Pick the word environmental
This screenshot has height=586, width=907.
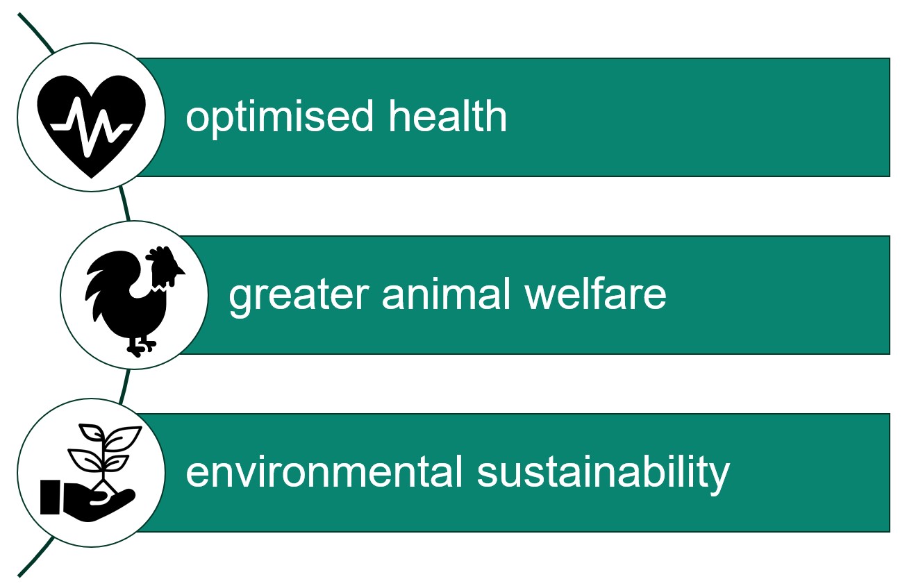point(324,472)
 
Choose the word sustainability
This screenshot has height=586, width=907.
point(604,474)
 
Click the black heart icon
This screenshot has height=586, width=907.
point(91,118)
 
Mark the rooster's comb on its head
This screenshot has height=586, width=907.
point(159,254)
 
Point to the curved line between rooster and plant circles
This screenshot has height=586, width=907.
point(124,385)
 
